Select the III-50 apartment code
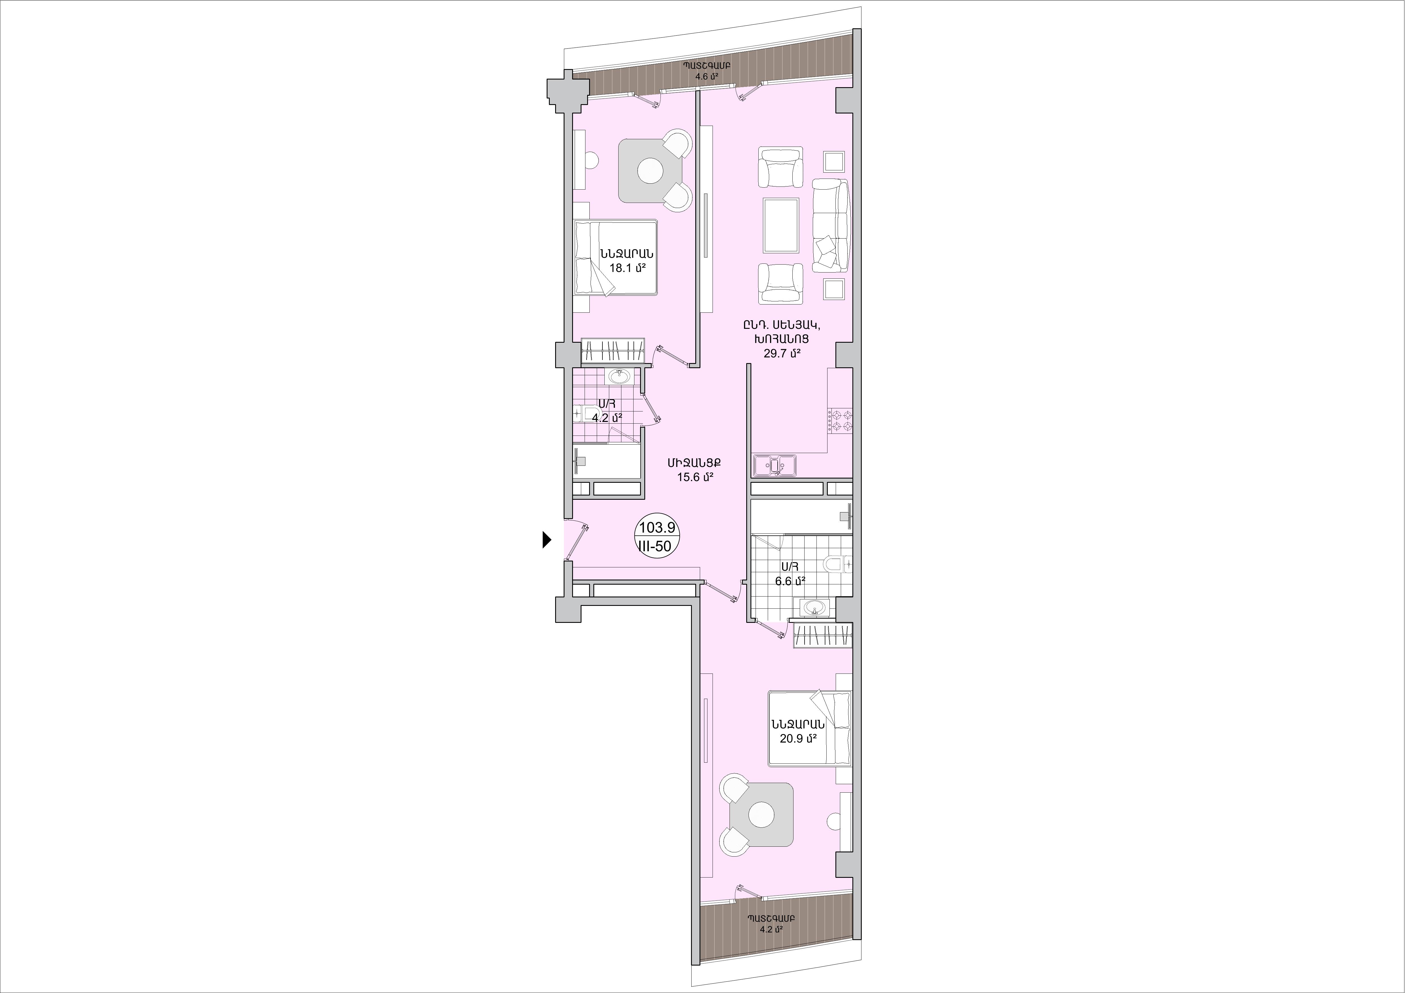655,546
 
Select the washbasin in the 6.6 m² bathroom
814,608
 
